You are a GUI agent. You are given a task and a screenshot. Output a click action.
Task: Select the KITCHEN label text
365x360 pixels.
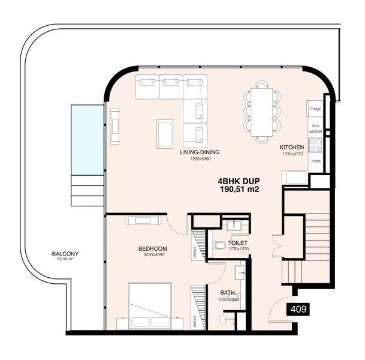292,147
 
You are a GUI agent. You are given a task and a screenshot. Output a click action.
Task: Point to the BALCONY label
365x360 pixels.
64,253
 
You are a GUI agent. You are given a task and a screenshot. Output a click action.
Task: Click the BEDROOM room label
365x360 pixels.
152,248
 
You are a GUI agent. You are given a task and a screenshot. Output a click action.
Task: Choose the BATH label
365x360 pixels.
228,292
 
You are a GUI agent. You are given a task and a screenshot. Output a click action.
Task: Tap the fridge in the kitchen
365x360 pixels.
315,109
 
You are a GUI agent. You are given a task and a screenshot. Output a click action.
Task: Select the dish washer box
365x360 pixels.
315,128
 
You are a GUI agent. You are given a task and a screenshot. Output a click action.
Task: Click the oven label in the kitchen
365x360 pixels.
315,161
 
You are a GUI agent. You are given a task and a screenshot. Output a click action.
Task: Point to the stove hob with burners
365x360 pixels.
315,145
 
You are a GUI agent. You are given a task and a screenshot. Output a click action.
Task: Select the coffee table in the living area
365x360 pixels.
165,133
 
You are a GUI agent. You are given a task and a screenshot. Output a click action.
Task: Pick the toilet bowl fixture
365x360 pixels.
220,245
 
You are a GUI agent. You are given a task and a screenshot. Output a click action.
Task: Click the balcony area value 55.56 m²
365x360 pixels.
64,259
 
